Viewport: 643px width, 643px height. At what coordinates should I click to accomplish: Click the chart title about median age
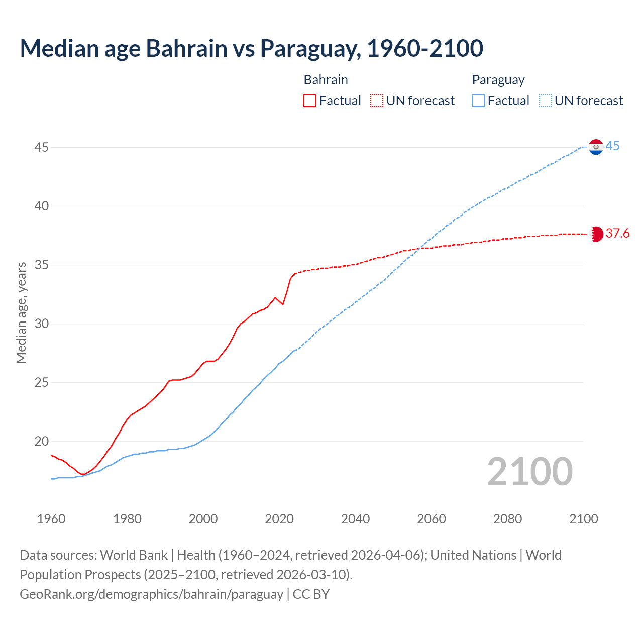click(x=251, y=48)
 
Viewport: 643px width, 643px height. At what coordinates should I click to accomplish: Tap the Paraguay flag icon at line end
click(x=596, y=147)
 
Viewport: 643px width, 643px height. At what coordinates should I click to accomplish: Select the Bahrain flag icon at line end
click(x=596, y=234)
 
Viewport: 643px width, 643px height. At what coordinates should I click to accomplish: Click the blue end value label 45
click(x=612, y=146)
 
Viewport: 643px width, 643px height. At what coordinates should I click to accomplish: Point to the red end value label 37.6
click(x=617, y=233)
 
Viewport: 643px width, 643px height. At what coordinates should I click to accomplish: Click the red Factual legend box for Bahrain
click(x=310, y=101)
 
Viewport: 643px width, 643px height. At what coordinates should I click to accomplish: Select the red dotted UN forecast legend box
click(x=377, y=101)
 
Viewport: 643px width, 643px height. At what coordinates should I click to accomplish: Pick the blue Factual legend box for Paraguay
click(x=479, y=101)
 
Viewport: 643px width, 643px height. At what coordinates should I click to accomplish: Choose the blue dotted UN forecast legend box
click(x=546, y=101)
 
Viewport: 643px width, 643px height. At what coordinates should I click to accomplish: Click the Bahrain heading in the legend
click(x=326, y=80)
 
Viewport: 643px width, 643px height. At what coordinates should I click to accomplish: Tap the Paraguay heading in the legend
click(x=498, y=80)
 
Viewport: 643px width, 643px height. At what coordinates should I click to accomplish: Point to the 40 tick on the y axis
click(x=42, y=206)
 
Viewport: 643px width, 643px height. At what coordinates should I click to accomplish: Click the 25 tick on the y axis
click(x=42, y=383)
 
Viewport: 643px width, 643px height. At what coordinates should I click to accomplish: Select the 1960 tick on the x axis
click(x=51, y=519)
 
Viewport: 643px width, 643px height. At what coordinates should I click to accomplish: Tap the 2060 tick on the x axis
click(x=432, y=519)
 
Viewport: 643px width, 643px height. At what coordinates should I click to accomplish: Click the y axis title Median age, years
click(x=21, y=312)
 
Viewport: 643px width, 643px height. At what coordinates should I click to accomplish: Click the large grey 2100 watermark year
click(x=529, y=471)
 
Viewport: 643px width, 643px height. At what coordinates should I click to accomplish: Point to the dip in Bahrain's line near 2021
click(x=283, y=304)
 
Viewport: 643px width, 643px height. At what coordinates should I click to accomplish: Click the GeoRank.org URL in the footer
click(x=151, y=594)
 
